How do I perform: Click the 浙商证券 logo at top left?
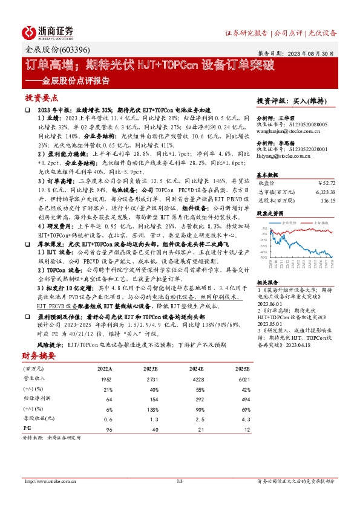pyautogui.click(x=48, y=32)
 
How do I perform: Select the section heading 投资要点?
pyautogui.click(x=42, y=97)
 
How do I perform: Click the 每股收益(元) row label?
pyautogui.click(x=36, y=419)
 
